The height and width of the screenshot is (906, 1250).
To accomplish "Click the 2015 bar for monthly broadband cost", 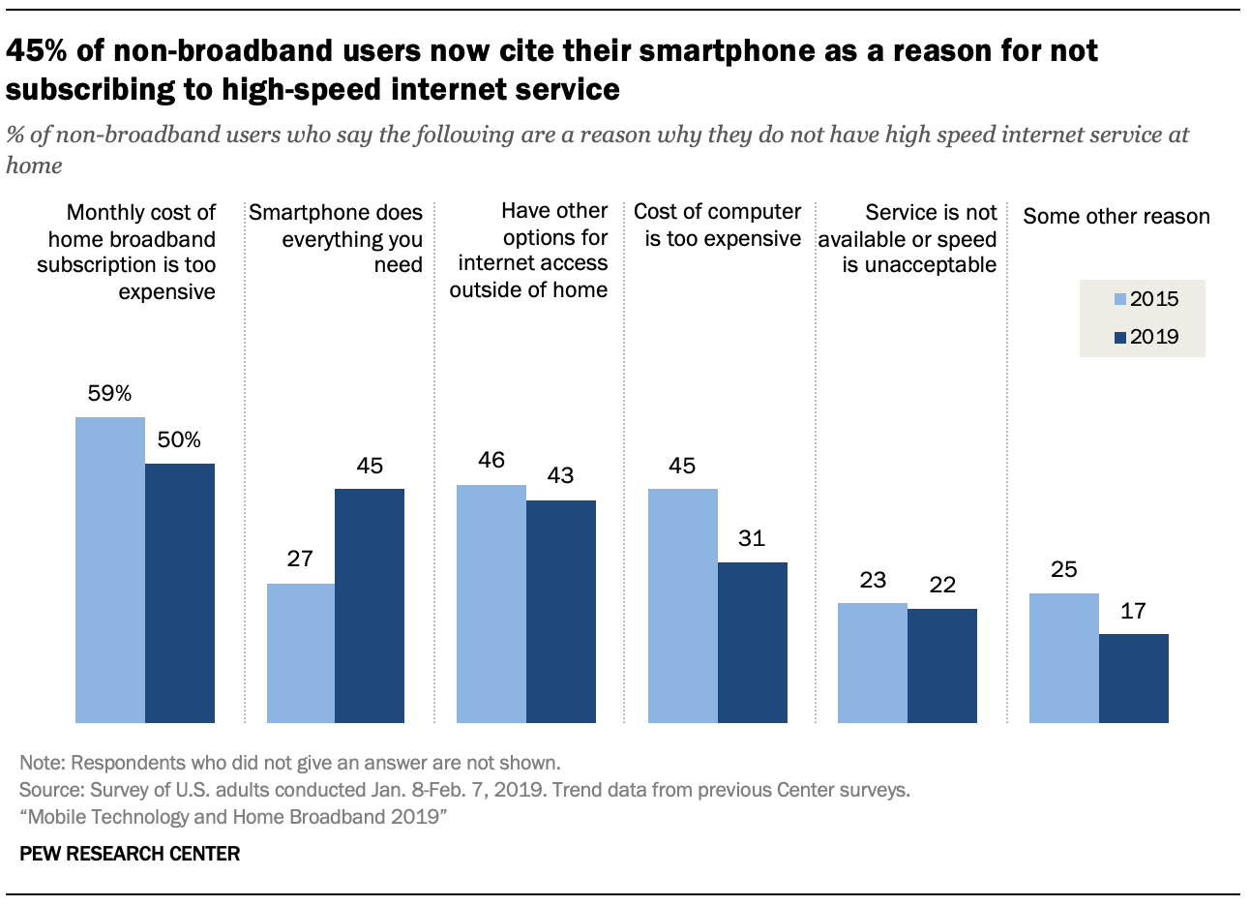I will (x=110, y=570).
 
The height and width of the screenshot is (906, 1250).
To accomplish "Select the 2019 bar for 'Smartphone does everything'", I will (x=370, y=605).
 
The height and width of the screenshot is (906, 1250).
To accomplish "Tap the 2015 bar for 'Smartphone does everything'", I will (x=301, y=653).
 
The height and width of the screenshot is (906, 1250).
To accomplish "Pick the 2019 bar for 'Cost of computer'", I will (x=752, y=642).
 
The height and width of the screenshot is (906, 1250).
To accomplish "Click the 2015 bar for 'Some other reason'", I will (x=1064, y=658).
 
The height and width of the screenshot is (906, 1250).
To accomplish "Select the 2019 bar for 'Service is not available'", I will (x=942, y=665).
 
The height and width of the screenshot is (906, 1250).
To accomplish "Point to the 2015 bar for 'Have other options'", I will (x=491, y=603).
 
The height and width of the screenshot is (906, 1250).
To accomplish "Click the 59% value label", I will (x=109, y=394).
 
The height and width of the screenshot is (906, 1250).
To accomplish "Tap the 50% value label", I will (x=179, y=440).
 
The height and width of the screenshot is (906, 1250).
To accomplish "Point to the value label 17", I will (x=1133, y=611).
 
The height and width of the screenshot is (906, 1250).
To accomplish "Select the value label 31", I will (x=752, y=539).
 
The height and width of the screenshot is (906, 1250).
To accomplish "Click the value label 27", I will (x=300, y=559).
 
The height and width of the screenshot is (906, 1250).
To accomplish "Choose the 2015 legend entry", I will (x=1146, y=299).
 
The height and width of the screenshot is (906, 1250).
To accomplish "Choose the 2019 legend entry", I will (x=1146, y=337).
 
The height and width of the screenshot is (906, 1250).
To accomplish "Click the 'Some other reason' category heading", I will (x=1116, y=217).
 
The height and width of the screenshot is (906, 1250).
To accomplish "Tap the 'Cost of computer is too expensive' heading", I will (x=718, y=225).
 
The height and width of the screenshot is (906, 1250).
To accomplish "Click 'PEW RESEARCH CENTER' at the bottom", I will (x=130, y=854).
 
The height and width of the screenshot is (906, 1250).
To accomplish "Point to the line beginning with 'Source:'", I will (x=464, y=790).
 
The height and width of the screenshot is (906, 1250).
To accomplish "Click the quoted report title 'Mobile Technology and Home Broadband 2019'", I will (x=233, y=817).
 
